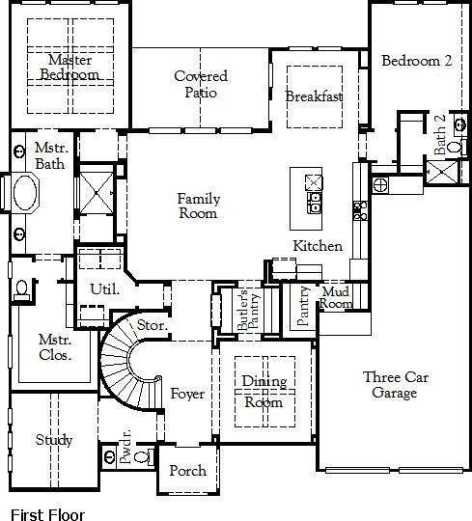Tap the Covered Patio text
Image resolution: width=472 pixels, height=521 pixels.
(201, 85)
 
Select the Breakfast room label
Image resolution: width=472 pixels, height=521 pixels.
(315, 96)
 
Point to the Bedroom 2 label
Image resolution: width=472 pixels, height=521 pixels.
(416, 61)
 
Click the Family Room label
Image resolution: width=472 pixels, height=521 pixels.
(199, 206)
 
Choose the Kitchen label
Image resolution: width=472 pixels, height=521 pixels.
(319, 246)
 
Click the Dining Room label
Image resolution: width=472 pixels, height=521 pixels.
(263, 392)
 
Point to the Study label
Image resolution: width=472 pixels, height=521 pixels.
(54, 440)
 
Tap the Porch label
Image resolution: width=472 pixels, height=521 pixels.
(188, 471)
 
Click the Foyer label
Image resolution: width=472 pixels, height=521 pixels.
(187, 394)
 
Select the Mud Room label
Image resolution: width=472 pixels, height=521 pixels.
(336, 297)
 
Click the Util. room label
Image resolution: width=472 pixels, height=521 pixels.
(104, 288)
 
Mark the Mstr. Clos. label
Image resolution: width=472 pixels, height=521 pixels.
(56, 348)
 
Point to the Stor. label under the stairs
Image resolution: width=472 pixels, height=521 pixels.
(153, 326)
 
